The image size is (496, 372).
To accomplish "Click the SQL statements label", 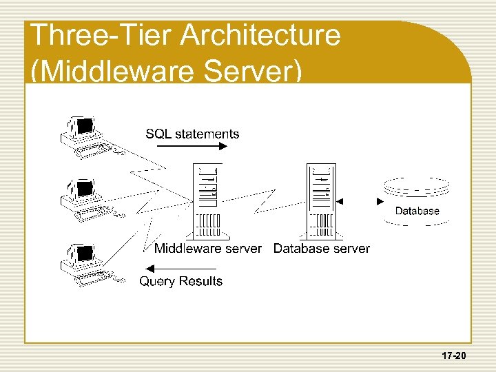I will (x=192, y=134).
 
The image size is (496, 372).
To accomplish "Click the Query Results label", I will (x=181, y=281).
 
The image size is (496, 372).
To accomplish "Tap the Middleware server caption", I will (x=207, y=248).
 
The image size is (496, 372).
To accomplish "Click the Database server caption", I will (x=322, y=248).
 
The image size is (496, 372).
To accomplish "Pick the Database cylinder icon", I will (x=416, y=200).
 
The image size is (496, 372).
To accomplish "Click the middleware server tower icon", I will (x=209, y=200).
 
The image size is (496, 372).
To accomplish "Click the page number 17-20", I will (x=455, y=356).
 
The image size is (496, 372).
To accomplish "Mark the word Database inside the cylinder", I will (x=417, y=211).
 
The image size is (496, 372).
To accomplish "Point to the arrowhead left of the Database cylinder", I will (x=380, y=202).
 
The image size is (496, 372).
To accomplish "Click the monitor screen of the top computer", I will (x=85, y=126).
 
